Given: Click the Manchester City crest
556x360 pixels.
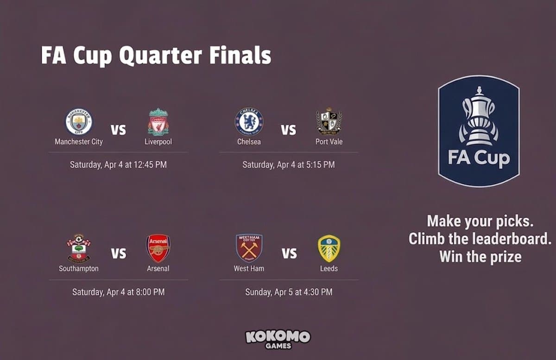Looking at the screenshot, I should pyautogui.click(x=79, y=122).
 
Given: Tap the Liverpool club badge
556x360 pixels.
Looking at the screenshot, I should pyautogui.click(x=158, y=122).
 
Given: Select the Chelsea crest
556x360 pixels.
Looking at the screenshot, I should pyautogui.click(x=249, y=122).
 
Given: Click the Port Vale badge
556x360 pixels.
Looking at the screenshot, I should pyautogui.click(x=329, y=122).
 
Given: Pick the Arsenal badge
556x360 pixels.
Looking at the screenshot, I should pyautogui.click(x=158, y=248).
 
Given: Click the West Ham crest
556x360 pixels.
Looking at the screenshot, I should pyautogui.click(x=249, y=248).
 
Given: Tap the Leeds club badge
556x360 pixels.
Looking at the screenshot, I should pyautogui.click(x=329, y=248).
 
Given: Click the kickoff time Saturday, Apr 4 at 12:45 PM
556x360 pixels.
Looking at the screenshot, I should pyautogui.click(x=118, y=164).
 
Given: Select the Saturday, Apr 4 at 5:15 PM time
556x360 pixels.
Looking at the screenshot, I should pyautogui.click(x=288, y=164).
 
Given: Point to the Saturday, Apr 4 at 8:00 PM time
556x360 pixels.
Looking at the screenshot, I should pyautogui.click(x=118, y=292).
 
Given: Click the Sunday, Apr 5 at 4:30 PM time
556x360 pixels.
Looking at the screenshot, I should pyautogui.click(x=288, y=292).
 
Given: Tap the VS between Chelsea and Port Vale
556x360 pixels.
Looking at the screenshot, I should pyautogui.click(x=288, y=130).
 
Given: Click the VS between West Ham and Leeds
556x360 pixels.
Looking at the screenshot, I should pyautogui.click(x=289, y=254).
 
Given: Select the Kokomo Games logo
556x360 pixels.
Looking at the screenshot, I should pyautogui.click(x=278, y=339).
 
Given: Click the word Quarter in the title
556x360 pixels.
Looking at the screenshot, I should pyautogui.click(x=160, y=56).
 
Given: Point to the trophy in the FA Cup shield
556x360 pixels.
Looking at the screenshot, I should pyautogui.click(x=479, y=116).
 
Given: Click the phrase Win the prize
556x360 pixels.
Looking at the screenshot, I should pyautogui.click(x=480, y=256).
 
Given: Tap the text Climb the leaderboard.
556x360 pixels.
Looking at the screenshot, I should pyautogui.click(x=480, y=239).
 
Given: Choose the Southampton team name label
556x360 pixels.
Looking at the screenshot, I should pyautogui.click(x=79, y=268).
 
